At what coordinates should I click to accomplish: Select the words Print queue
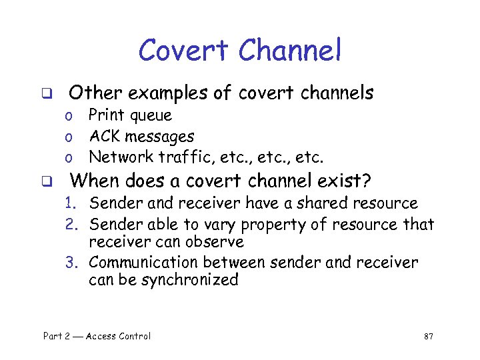tap(130, 116)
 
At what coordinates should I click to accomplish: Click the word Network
tap(121, 157)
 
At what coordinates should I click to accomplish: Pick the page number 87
tap(429, 336)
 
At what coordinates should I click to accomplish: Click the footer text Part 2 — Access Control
tap(97, 336)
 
